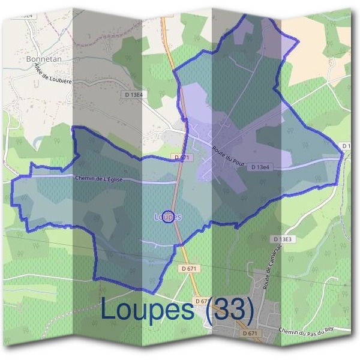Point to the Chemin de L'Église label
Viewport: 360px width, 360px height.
(x=101, y=178)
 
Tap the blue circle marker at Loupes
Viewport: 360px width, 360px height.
(x=169, y=217)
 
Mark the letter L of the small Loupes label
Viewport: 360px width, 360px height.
(x=157, y=217)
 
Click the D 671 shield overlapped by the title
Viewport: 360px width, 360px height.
(x=203, y=301)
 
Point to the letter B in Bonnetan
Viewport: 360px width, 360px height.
(x=29, y=59)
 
